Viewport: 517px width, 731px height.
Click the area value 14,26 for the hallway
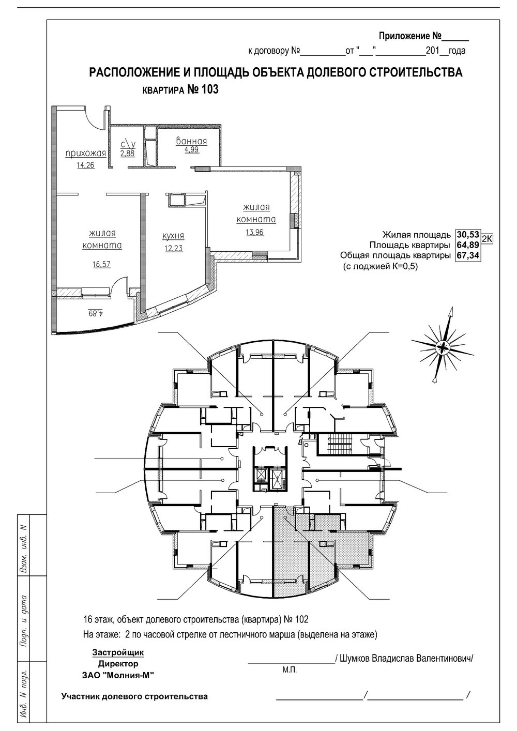coord(85,165)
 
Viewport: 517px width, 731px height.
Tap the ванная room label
coord(192,141)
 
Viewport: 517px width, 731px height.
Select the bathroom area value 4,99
coord(192,150)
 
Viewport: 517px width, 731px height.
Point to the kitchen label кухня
coord(173,236)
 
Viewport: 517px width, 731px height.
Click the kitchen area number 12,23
coord(173,249)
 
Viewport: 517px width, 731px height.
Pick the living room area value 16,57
coord(102,264)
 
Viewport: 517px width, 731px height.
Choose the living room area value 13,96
coord(254,232)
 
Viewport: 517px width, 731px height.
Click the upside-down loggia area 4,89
coord(96,313)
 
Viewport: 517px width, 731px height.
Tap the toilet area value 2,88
coord(127,154)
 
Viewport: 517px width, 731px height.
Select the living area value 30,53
coord(468,234)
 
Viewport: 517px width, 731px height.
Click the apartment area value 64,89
coord(468,245)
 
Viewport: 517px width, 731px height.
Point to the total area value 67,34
coord(468,255)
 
